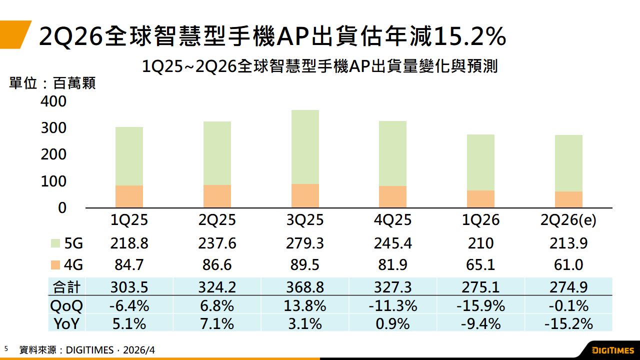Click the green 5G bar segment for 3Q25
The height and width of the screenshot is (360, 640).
(305, 147)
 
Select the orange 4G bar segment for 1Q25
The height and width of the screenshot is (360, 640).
(129, 196)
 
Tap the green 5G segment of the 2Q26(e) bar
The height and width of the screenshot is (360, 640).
(568, 163)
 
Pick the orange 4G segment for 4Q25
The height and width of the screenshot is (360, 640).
(392, 196)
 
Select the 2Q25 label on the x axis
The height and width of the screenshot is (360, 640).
(217, 220)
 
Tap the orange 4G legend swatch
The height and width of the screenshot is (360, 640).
(56, 265)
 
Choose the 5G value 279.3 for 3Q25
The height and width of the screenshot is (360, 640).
(305, 243)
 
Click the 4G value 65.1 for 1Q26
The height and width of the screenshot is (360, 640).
(480, 265)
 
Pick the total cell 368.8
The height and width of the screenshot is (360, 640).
(305, 287)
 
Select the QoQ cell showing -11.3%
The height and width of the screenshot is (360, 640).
(392, 305)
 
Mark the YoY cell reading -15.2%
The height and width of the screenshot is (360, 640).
(568, 324)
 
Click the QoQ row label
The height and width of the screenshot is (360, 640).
(66, 305)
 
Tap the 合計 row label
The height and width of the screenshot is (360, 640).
(66, 287)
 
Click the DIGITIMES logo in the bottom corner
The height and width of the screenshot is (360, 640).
(612, 350)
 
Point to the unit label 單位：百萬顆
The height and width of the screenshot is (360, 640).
(52, 83)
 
